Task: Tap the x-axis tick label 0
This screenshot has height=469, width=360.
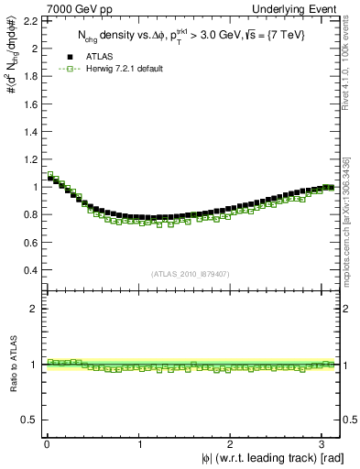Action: coord(47,443)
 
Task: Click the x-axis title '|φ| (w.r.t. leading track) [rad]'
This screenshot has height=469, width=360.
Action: coord(261,458)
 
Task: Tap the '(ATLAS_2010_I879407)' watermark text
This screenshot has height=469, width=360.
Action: coord(191,274)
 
